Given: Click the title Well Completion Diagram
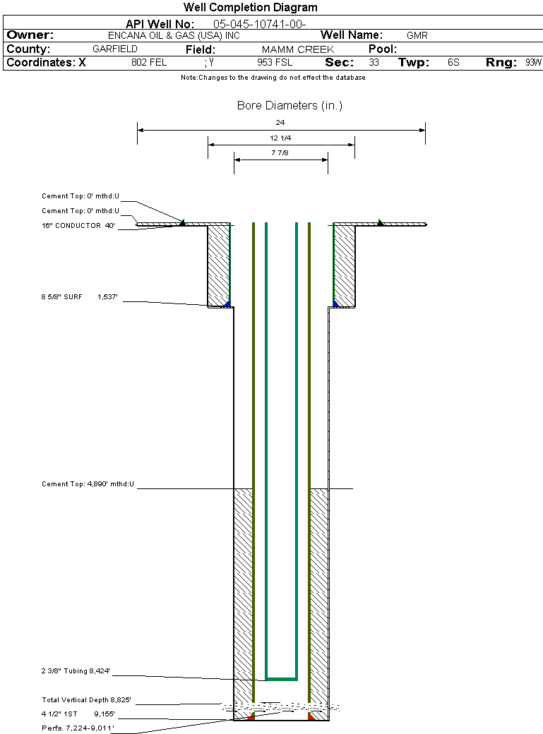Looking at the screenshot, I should click(x=251, y=8).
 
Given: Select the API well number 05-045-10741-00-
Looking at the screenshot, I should click(x=259, y=24).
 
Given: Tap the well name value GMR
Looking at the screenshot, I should click(x=417, y=35).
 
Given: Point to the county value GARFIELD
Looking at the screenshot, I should click(x=115, y=49).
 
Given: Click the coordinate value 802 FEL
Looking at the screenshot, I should click(x=149, y=63).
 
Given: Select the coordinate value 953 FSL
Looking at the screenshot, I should click(x=275, y=63).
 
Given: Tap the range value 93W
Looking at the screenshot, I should click(x=533, y=63).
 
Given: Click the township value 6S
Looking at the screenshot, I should click(x=453, y=63).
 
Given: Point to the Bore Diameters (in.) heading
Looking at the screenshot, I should click(x=290, y=106).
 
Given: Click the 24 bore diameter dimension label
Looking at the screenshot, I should click(x=280, y=123).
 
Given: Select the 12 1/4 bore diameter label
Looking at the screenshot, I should click(x=280, y=138).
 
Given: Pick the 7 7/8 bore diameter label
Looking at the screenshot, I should click(x=280, y=152).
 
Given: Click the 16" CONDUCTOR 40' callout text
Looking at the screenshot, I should click(x=78, y=226).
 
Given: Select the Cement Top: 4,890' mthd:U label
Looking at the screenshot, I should click(x=88, y=485).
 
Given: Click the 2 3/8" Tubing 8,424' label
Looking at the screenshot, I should click(x=76, y=671).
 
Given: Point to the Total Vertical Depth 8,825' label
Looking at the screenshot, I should click(x=86, y=700).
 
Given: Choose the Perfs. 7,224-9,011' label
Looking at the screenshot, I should click(x=78, y=727).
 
